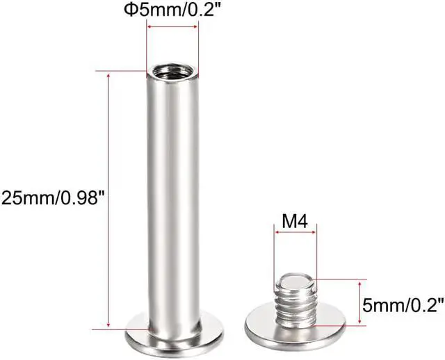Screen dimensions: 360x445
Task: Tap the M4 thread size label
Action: click(x=296, y=221)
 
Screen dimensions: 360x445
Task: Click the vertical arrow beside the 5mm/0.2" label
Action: click(x=359, y=302)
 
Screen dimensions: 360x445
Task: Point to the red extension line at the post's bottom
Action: click(x=115, y=327)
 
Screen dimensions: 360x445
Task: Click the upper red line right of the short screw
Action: click(x=341, y=280)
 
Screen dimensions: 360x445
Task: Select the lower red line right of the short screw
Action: click(x=341, y=324)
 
